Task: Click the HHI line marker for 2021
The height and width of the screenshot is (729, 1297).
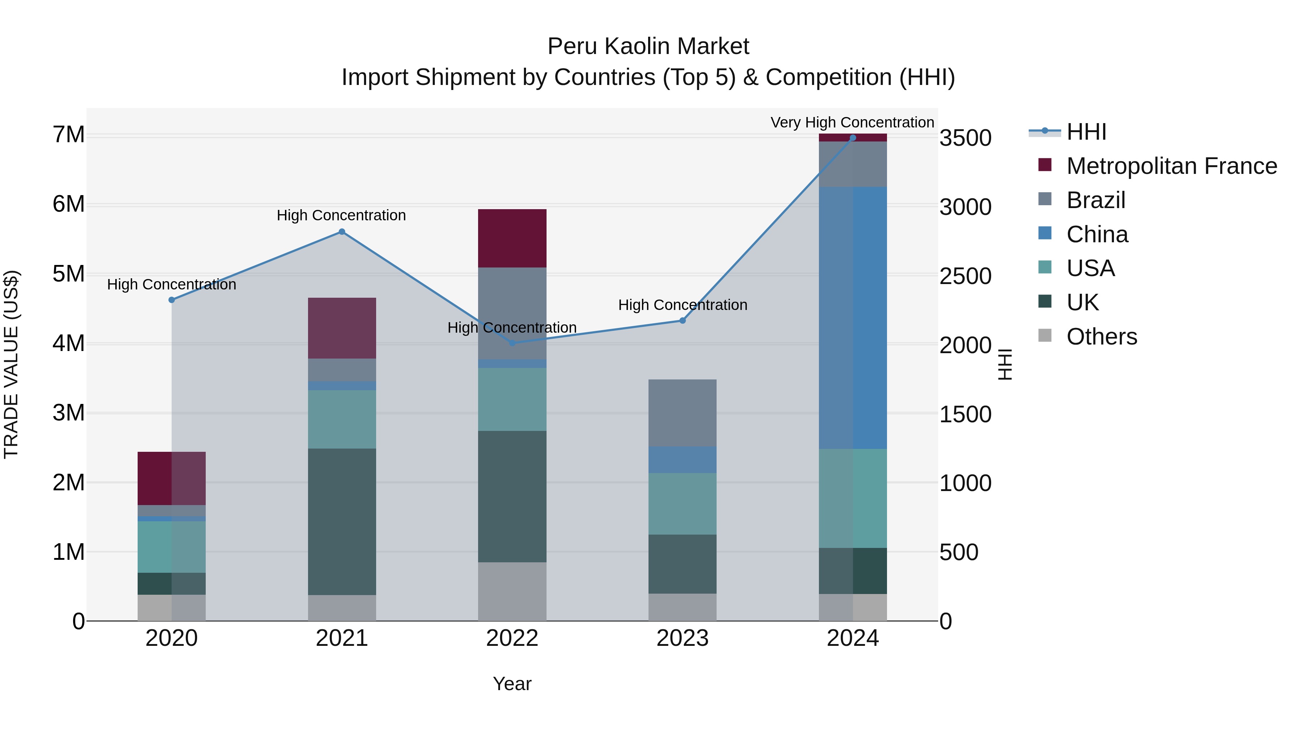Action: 342,232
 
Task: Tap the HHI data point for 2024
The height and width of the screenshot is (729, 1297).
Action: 852,138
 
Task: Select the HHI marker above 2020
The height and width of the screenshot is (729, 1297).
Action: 172,300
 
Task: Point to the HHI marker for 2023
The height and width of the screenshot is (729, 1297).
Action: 682,320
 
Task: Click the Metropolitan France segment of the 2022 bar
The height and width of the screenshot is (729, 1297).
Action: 512,238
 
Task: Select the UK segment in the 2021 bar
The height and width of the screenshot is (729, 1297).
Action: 342,521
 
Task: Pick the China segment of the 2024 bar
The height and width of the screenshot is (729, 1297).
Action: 852,318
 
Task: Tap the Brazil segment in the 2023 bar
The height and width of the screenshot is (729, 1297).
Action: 682,413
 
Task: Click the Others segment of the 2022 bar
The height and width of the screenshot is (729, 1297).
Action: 512,591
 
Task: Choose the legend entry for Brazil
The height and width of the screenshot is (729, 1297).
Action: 1096,200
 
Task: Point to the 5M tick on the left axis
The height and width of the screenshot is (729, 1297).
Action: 68,274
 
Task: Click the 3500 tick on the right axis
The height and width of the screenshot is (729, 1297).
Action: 965,138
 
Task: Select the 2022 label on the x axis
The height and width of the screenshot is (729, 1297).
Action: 512,638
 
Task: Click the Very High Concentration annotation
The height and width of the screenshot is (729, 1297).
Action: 852,122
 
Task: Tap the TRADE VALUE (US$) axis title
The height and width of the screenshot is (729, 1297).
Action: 11,364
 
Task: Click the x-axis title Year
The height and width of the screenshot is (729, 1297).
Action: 512,684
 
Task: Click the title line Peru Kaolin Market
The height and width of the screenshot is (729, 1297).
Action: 648,46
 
